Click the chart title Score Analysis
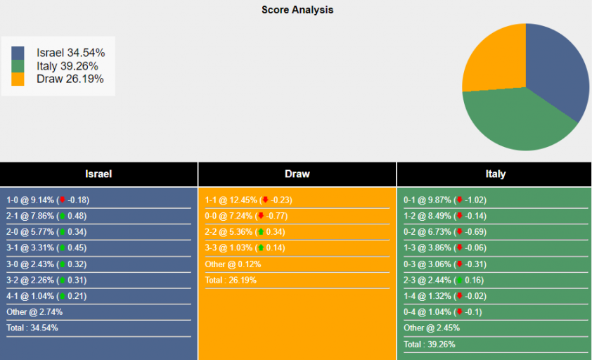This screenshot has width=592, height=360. (297, 10)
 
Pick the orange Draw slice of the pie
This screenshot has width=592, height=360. (496, 60)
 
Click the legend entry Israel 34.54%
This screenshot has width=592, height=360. (70, 53)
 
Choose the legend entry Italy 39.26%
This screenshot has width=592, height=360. (67, 66)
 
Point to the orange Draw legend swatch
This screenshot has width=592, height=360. (18, 79)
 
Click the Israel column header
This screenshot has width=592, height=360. (98, 174)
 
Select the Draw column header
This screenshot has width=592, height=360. (297, 174)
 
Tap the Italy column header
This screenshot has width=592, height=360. (495, 174)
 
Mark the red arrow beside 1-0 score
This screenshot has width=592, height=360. (62, 200)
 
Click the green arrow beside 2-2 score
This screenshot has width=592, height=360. (260, 232)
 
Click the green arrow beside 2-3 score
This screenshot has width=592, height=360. (459, 280)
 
